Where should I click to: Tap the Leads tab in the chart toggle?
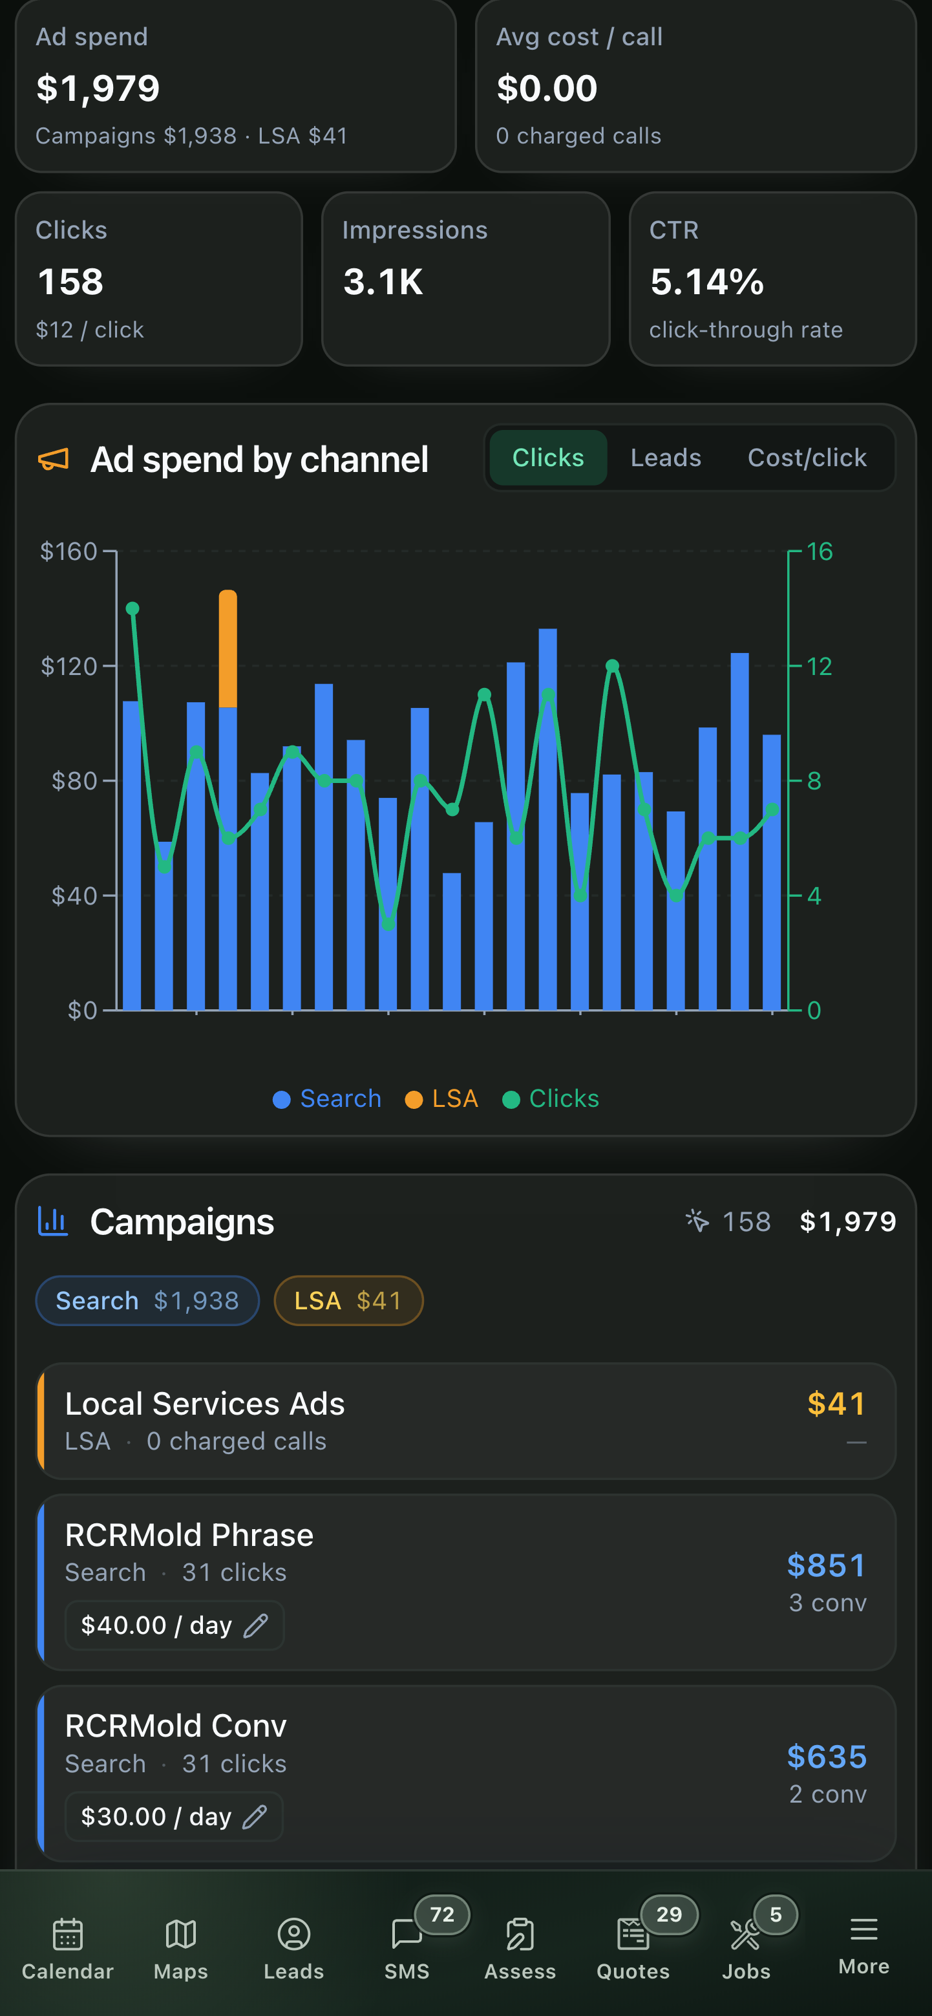coord(665,458)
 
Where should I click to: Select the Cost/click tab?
coord(807,458)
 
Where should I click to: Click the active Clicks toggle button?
coord(548,458)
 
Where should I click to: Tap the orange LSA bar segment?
coord(228,649)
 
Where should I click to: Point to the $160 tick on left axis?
coord(69,552)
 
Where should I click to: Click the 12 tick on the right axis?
coord(820,667)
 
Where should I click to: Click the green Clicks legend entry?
coord(550,1099)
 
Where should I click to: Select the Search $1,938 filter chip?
coord(147,1301)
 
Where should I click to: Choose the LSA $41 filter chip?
coord(348,1301)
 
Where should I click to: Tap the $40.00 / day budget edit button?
coord(175,1625)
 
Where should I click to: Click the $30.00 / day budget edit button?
coord(174,1816)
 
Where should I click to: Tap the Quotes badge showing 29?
coord(669,1915)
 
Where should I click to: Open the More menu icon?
coord(864,1929)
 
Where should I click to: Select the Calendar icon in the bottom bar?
coord(68,1934)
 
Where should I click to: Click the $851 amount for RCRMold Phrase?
coord(827,1565)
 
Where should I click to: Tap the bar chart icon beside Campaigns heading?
coord(53,1221)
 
